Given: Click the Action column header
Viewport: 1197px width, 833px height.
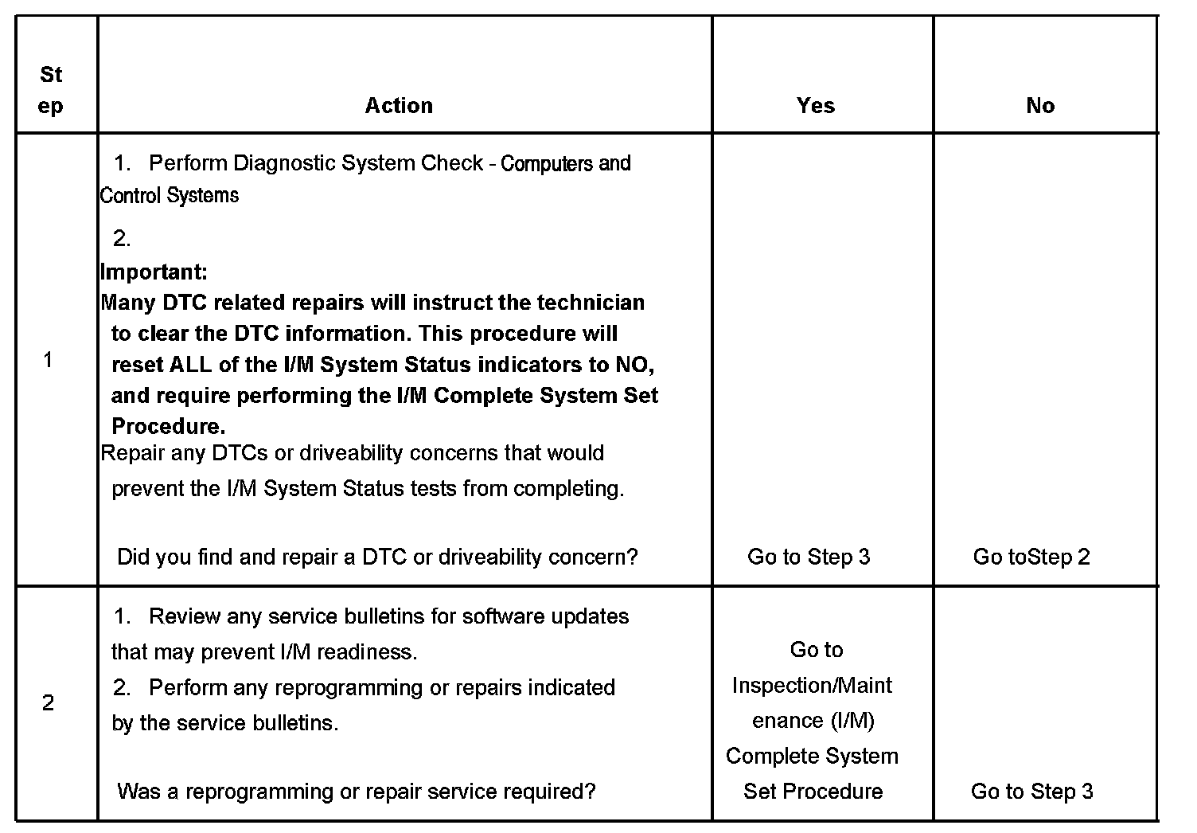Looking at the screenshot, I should (399, 106).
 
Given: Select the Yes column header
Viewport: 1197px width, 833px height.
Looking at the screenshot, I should (816, 106).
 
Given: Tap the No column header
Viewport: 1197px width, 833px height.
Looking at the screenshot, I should (1040, 106).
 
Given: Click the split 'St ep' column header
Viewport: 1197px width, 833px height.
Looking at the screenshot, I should (51, 90).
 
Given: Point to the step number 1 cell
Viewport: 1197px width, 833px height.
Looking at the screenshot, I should (49, 360).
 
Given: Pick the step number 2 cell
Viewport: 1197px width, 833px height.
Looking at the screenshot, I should (49, 703).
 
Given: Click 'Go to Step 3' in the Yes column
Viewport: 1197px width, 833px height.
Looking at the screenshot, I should (809, 557).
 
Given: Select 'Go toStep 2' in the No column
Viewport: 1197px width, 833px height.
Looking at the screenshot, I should (1031, 557).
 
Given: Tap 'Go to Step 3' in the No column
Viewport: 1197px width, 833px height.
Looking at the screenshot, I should (1032, 792).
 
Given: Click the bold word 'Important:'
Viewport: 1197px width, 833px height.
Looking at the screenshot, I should (154, 272).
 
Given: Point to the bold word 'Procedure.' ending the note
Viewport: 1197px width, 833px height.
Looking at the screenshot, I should (168, 426).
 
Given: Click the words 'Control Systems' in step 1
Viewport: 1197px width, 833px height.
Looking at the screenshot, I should (170, 195).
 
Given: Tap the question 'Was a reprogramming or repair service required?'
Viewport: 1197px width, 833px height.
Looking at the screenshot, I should (357, 792).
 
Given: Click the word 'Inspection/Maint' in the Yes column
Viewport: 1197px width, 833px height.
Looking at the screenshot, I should (812, 686).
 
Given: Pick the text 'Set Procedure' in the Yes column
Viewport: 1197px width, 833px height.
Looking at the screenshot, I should (813, 792).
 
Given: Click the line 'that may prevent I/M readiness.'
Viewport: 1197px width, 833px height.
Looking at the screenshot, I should (264, 652).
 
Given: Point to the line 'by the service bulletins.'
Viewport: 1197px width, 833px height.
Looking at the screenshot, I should (225, 723).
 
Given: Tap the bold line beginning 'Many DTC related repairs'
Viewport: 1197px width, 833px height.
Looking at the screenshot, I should (372, 303).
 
